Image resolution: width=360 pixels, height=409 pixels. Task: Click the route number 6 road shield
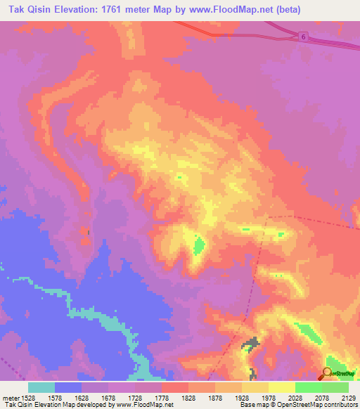tap(302, 36)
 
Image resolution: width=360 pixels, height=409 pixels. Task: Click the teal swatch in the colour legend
tap(41, 387)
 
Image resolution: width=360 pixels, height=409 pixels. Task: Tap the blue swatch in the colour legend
tap(68, 387)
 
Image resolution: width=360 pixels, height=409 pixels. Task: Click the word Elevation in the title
tap(76, 10)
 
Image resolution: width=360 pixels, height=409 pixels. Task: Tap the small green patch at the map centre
tap(199, 245)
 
